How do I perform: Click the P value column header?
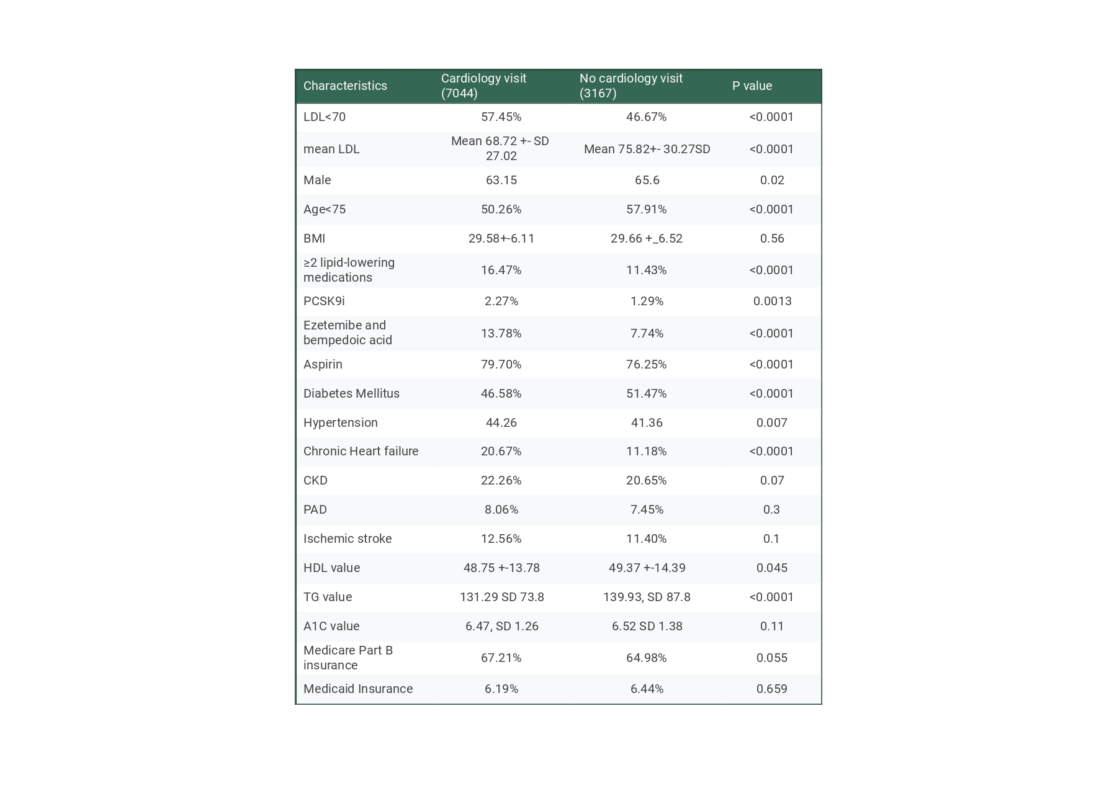tap(751, 86)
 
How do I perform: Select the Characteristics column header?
tap(345, 86)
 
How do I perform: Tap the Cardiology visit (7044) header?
tap(483, 86)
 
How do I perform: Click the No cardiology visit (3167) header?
tap(630, 86)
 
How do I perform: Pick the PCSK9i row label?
tap(324, 301)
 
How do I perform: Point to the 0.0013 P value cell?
tap(772, 301)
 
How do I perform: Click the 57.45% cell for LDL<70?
tap(501, 117)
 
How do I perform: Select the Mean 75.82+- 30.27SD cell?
tap(647, 149)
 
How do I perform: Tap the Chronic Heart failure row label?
tap(361, 451)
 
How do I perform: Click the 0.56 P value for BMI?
tap(772, 238)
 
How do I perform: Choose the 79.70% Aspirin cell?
tap(501, 364)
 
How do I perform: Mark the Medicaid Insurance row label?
tap(358, 689)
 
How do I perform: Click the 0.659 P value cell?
tap(772, 689)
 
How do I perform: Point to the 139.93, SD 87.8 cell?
tap(647, 597)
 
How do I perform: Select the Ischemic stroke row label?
tap(348, 539)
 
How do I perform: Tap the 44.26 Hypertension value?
tap(501, 422)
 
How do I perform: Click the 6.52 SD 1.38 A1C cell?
tap(647, 626)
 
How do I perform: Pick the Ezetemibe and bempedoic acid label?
tap(348, 333)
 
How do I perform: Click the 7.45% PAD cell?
tap(647, 509)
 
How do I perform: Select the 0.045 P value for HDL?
tap(772, 568)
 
